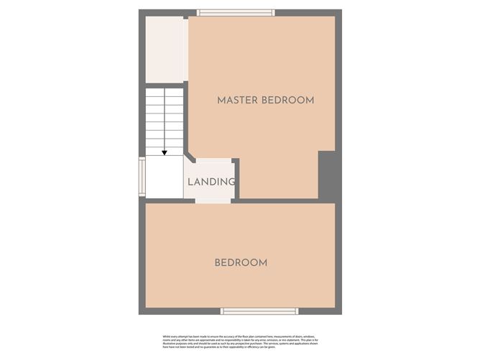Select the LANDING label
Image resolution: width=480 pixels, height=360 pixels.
[x=211, y=182]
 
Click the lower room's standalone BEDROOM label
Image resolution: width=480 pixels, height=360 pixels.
[x=241, y=263]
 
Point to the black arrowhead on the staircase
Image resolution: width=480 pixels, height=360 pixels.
[x=165, y=152]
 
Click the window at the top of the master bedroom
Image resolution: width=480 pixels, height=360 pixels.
[x=236, y=12]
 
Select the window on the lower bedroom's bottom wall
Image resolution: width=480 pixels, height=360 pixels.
[x=259, y=311]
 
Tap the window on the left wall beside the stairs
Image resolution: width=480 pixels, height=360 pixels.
[x=142, y=177]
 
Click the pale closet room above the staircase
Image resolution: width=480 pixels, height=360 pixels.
[x=165, y=50]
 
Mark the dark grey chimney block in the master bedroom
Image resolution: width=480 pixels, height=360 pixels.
[x=328, y=175]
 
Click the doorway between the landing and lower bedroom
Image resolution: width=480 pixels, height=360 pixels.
[x=213, y=200]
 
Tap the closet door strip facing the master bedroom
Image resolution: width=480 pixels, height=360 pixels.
[x=186, y=50]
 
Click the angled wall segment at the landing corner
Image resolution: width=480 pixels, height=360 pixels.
[x=188, y=157]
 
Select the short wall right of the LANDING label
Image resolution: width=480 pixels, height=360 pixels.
[x=236, y=178]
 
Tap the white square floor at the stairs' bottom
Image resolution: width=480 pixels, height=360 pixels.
[x=165, y=177]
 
